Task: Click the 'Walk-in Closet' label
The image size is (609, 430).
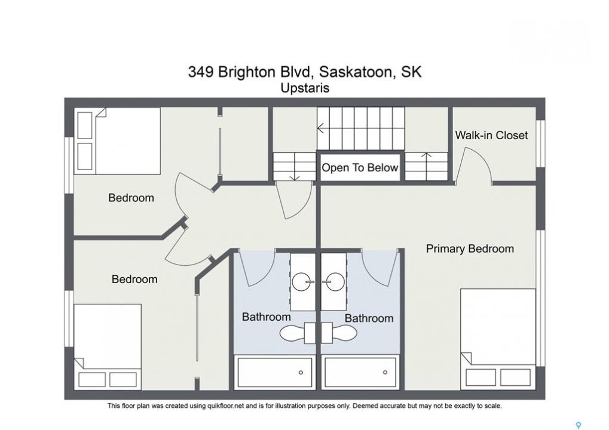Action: (x=491, y=135)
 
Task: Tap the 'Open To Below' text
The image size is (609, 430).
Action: (x=360, y=168)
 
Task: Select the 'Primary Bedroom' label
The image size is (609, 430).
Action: (x=470, y=249)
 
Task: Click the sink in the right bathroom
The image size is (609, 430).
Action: (x=333, y=281)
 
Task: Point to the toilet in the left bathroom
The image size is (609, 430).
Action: (x=298, y=333)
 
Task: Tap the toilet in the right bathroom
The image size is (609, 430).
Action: (x=339, y=333)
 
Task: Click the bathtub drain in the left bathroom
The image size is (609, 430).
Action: (x=301, y=373)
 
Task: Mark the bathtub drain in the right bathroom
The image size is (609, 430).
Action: (x=385, y=372)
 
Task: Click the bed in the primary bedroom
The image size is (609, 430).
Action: (x=498, y=339)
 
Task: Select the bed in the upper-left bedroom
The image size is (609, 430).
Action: (x=117, y=141)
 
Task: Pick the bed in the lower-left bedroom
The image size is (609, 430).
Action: (x=108, y=347)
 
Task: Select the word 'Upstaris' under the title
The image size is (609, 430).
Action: (x=305, y=88)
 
